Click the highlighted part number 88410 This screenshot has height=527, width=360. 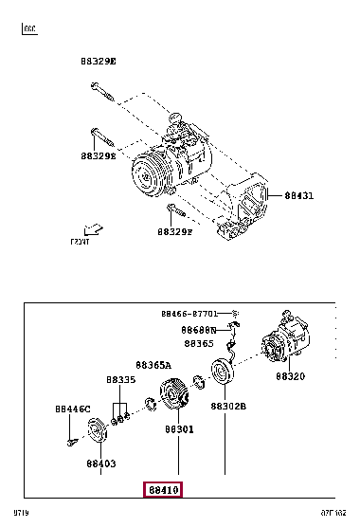click(x=162, y=489)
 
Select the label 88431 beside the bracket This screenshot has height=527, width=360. click(x=299, y=196)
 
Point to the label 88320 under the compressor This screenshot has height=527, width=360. click(x=292, y=376)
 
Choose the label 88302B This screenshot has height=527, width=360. click(x=228, y=406)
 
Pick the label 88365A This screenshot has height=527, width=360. click(x=153, y=364)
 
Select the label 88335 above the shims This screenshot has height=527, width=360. click(x=120, y=379)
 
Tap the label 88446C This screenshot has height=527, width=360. click(x=72, y=409)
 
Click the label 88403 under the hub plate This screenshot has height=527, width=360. click(x=100, y=464)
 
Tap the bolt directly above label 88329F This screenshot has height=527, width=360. click(x=171, y=210)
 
